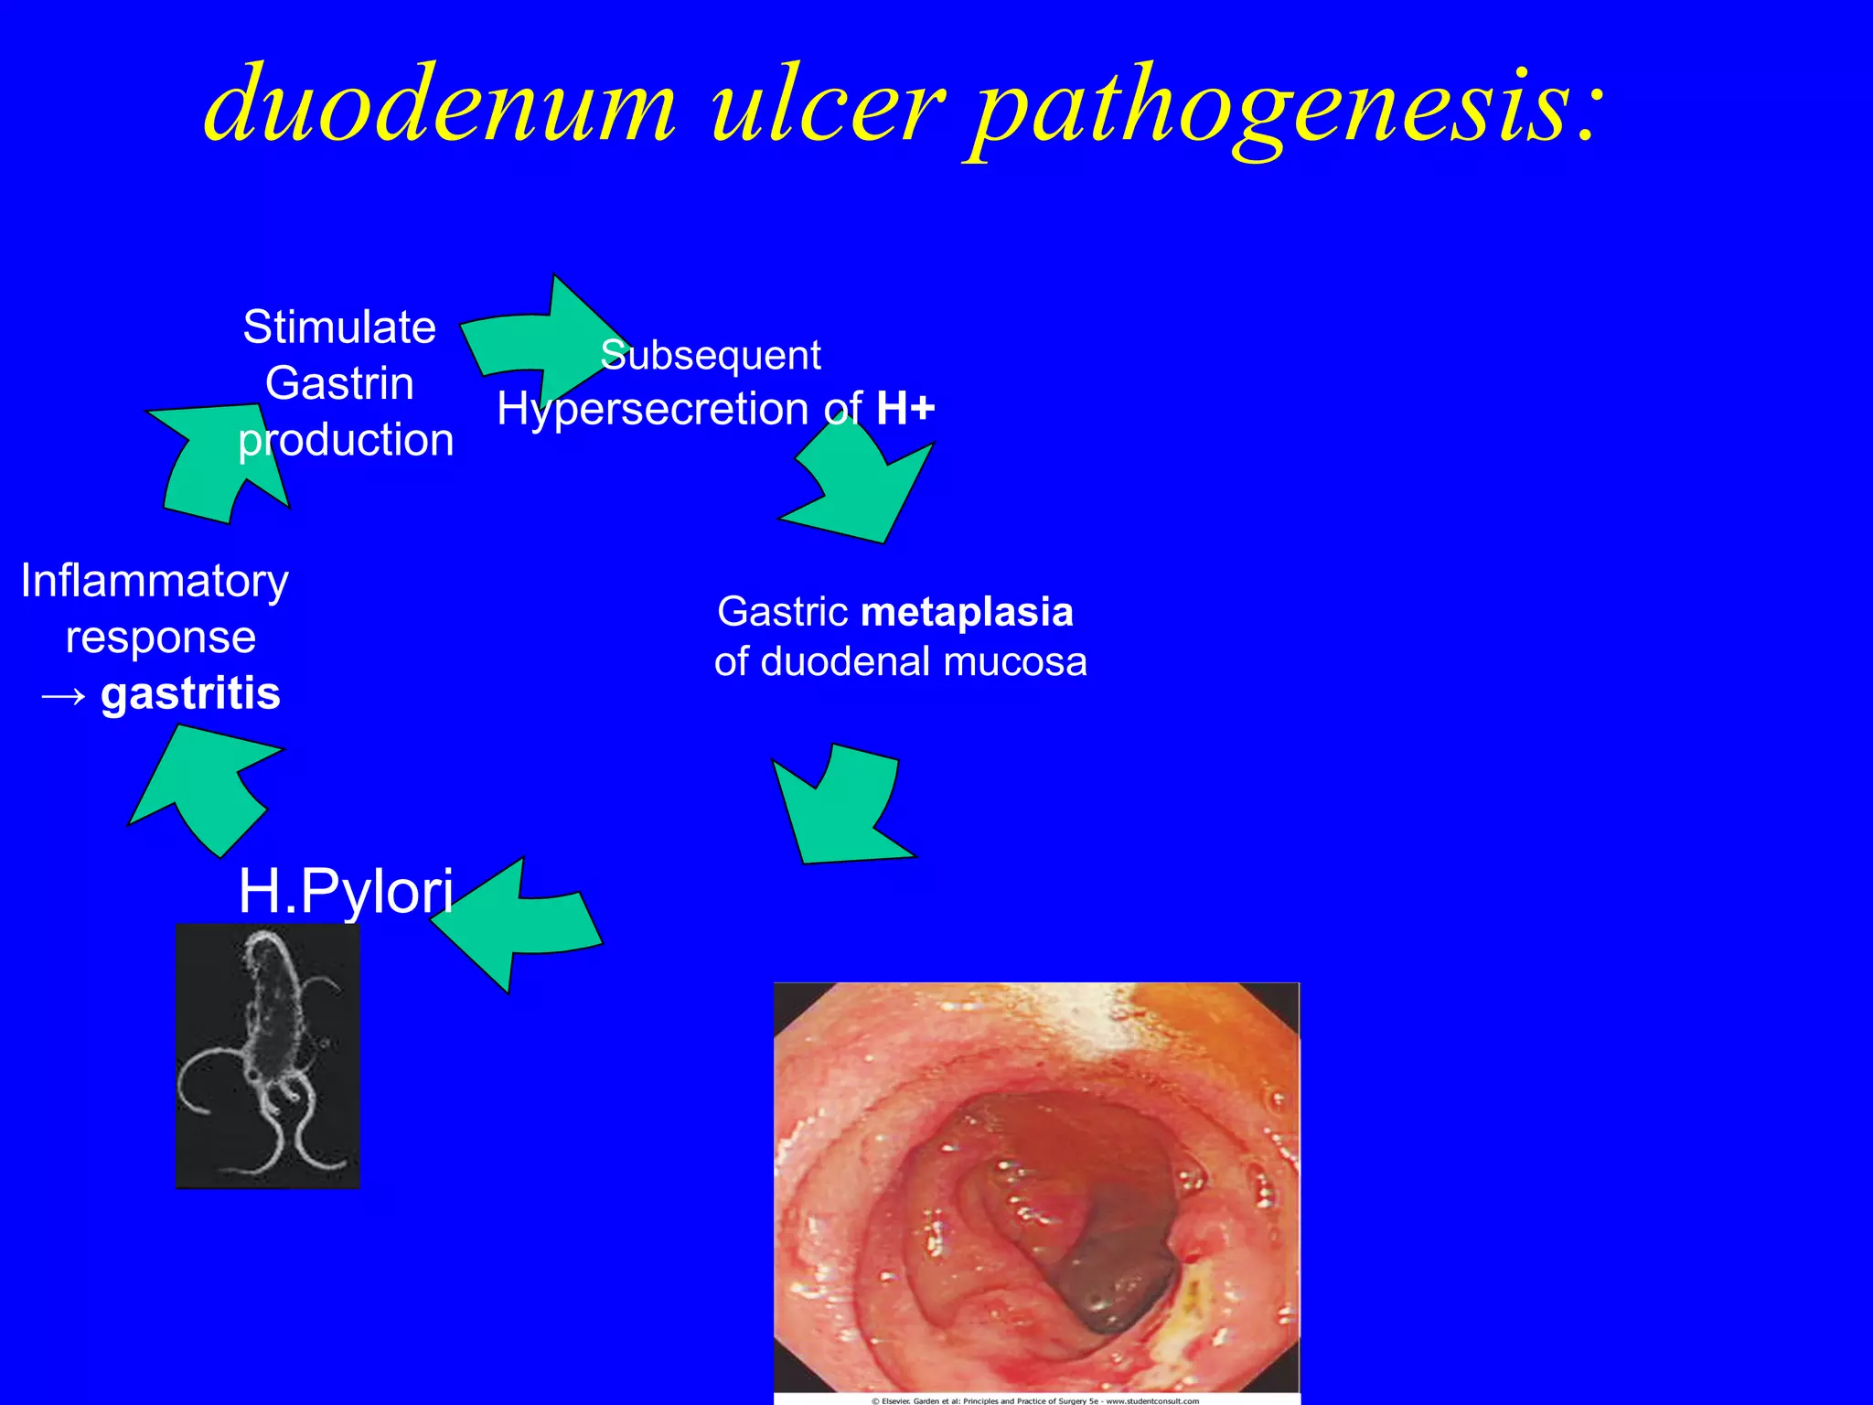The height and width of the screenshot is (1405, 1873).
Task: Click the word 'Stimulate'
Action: pos(339,327)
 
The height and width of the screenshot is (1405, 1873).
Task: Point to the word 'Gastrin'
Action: pos(339,383)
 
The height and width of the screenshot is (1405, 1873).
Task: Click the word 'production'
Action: pos(346,440)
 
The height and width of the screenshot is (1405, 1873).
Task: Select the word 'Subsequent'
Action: pos(711,355)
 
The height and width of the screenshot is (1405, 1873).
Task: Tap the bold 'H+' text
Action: pos(905,408)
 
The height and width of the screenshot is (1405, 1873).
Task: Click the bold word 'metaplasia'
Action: pos(967,612)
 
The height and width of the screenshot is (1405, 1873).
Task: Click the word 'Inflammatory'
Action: pos(155,581)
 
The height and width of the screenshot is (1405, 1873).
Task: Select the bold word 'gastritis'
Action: pos(190,693)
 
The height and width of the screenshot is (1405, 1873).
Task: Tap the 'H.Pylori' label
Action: pos(346,890)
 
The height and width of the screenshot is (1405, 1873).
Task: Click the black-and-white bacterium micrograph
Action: pos(267,1056)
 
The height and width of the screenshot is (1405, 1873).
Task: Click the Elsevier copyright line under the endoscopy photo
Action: pos(1035,1400)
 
